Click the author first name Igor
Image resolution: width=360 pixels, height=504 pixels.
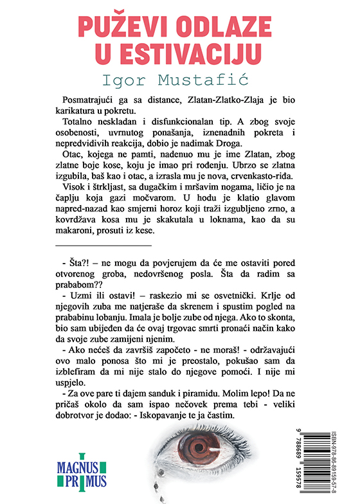click(132, 80)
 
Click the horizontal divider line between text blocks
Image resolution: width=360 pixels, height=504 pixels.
click(104, 246)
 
